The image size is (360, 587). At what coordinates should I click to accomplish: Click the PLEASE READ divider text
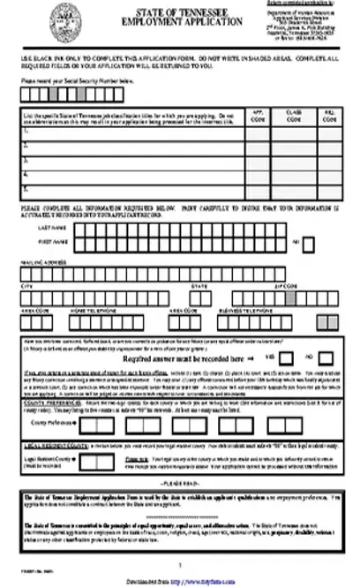tap(180, 486)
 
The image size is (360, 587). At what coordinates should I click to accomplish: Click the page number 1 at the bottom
tap(180, 562)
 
